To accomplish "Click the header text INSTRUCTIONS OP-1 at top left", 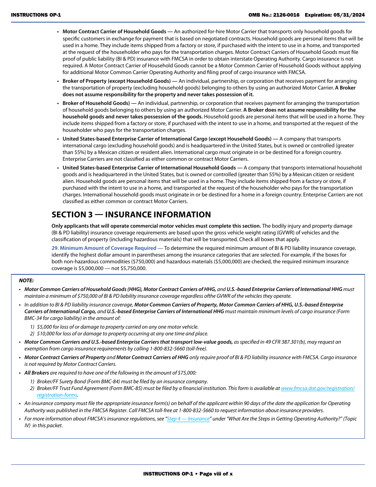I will [36, 15].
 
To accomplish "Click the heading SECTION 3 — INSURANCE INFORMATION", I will [131, 215].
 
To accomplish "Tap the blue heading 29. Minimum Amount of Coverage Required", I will [104, 248].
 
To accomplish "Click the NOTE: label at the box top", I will [27, 280].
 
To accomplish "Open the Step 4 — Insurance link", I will [188, 419].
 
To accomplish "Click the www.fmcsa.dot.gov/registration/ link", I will [317, 388].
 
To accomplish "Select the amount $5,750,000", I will [133, 268].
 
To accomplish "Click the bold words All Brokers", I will [36, 373].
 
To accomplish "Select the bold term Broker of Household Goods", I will [96, 103].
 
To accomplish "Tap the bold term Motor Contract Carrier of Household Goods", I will [114, 32].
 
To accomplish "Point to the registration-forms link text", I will [57, 395].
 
